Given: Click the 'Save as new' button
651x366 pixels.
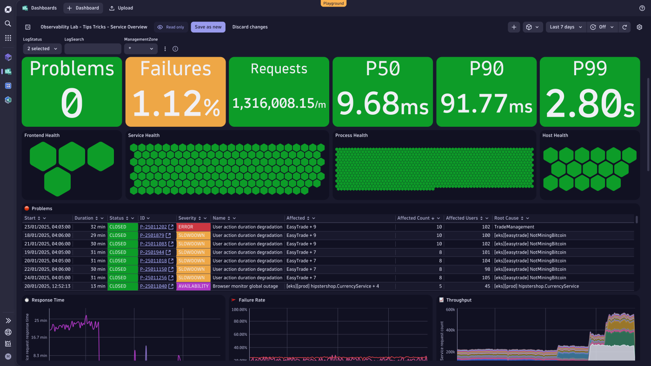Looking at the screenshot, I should tap(208, 27).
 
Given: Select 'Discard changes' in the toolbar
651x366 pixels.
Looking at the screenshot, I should tap(250, 27).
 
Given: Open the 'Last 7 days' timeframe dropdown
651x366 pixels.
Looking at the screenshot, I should tap(565, 27).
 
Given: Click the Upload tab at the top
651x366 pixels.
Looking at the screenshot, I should tap(121, 8).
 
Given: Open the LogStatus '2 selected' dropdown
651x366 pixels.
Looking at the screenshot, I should tap(42, 49).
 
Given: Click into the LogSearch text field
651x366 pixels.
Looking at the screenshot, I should tap(93, 49).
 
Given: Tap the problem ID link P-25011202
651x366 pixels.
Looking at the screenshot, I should tap(153, 227).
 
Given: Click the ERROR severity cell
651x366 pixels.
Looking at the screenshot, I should tap(193, 227).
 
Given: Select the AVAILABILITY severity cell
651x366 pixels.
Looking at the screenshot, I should tap(193, 286).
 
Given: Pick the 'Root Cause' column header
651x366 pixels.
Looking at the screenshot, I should tap(506, 218).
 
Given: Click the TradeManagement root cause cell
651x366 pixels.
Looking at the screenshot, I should tap(514, 227).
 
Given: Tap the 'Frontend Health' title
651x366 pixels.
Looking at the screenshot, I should tap(42, 136).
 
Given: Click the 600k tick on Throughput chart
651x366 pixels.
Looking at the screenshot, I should tap(450, 310).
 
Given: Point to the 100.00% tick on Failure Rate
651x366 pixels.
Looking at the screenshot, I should tap(239, 310).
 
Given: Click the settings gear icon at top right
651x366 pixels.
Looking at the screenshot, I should tap(639, 27).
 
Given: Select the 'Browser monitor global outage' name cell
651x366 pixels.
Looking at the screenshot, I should tap(245, 286).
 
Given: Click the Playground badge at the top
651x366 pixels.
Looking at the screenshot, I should tap(333, 3).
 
